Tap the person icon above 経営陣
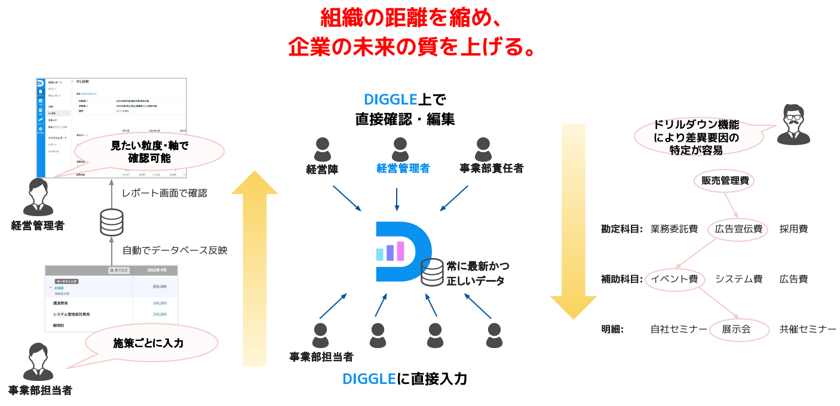coord(323,149)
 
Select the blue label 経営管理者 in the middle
coord(403,168)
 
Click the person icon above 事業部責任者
coord(483,149)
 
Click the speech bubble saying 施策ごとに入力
coord(148,343)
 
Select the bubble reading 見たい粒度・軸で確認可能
coord(149,152)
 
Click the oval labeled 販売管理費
coord(724,180)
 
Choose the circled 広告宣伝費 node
coord(738,229)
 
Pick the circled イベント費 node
coord(675,279)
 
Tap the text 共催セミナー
coord(808,329)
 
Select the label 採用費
coord(793,229)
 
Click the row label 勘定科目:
coord(622,229)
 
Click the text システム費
coord(738,279)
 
